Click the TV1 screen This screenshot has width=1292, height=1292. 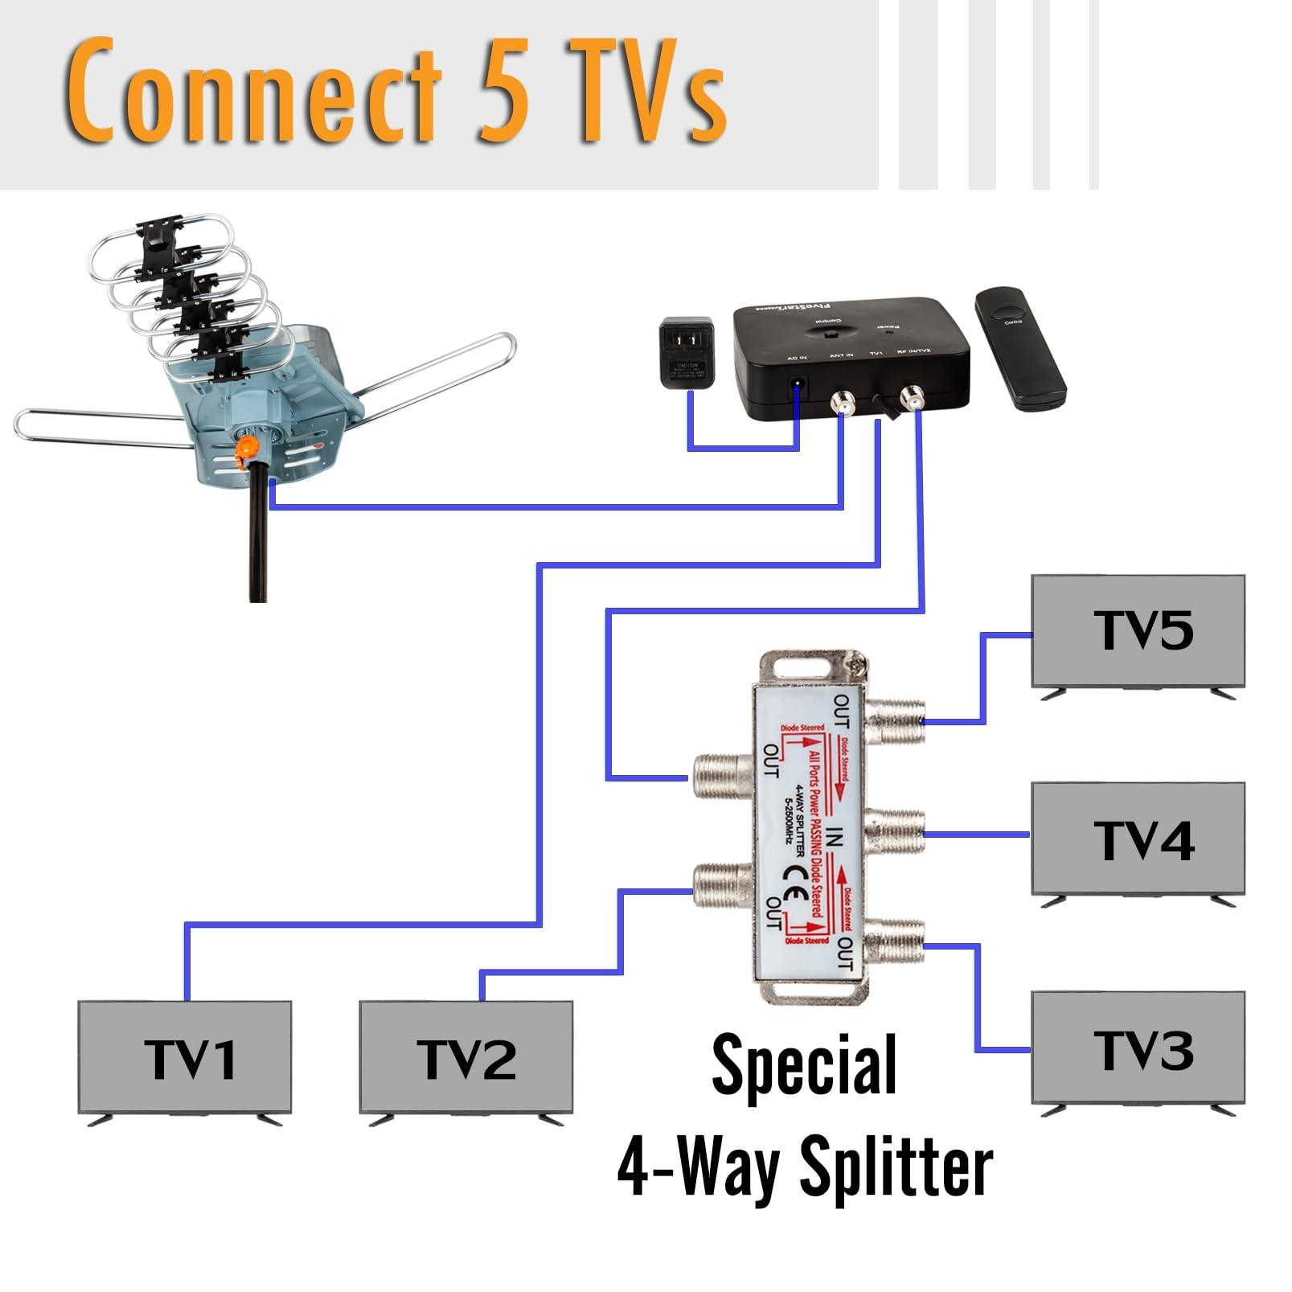[x=184, y=1056]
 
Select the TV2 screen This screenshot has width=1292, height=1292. [x=466, y=1056]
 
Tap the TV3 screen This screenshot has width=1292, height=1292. [x=1138, y=1048]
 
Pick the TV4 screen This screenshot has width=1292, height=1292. [x=1138, y=839]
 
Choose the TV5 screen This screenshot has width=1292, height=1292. [x=1138, y=630]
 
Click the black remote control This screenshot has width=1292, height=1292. [x=1019, y=350]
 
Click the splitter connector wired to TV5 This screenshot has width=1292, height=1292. [x=894, y=720]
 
